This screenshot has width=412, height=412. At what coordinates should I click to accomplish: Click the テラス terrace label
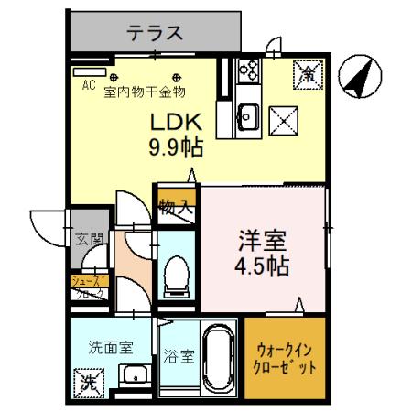[154, 34]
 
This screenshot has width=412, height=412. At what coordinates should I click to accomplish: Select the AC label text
[89, 86]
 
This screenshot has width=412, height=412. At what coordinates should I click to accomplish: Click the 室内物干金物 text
[146, 91]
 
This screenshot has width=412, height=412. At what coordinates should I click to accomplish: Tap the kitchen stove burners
[247, 70]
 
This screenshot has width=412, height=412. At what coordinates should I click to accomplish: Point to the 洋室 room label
[263, 242]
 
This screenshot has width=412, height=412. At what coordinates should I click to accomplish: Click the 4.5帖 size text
[263, 266]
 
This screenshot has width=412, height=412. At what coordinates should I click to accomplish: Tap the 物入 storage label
[176, 206]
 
